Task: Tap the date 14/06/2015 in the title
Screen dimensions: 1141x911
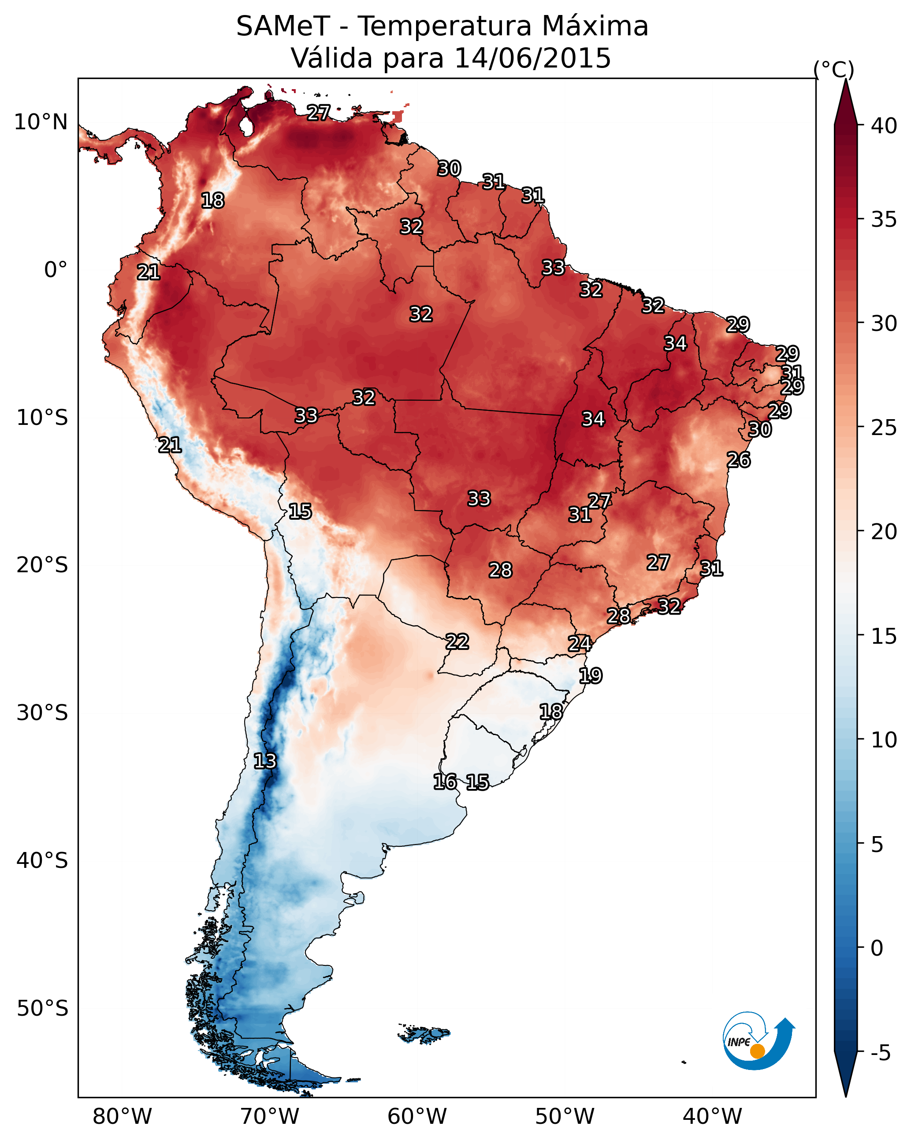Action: point(532,58)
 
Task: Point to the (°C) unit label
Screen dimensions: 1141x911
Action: point(833,69)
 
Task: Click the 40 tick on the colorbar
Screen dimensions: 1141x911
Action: point(884,126)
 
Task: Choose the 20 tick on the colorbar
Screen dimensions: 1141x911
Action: point(884,531)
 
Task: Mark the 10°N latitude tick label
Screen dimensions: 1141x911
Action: point(41,122)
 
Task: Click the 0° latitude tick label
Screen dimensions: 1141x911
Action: point(56,270)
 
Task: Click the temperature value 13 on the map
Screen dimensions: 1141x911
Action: point(265,761)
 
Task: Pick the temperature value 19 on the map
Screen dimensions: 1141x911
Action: point(590,676)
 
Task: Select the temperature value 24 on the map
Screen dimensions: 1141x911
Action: point(580,644)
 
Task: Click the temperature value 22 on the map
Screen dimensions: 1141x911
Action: point(457,642)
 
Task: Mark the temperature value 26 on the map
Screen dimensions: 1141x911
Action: point(738,460)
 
